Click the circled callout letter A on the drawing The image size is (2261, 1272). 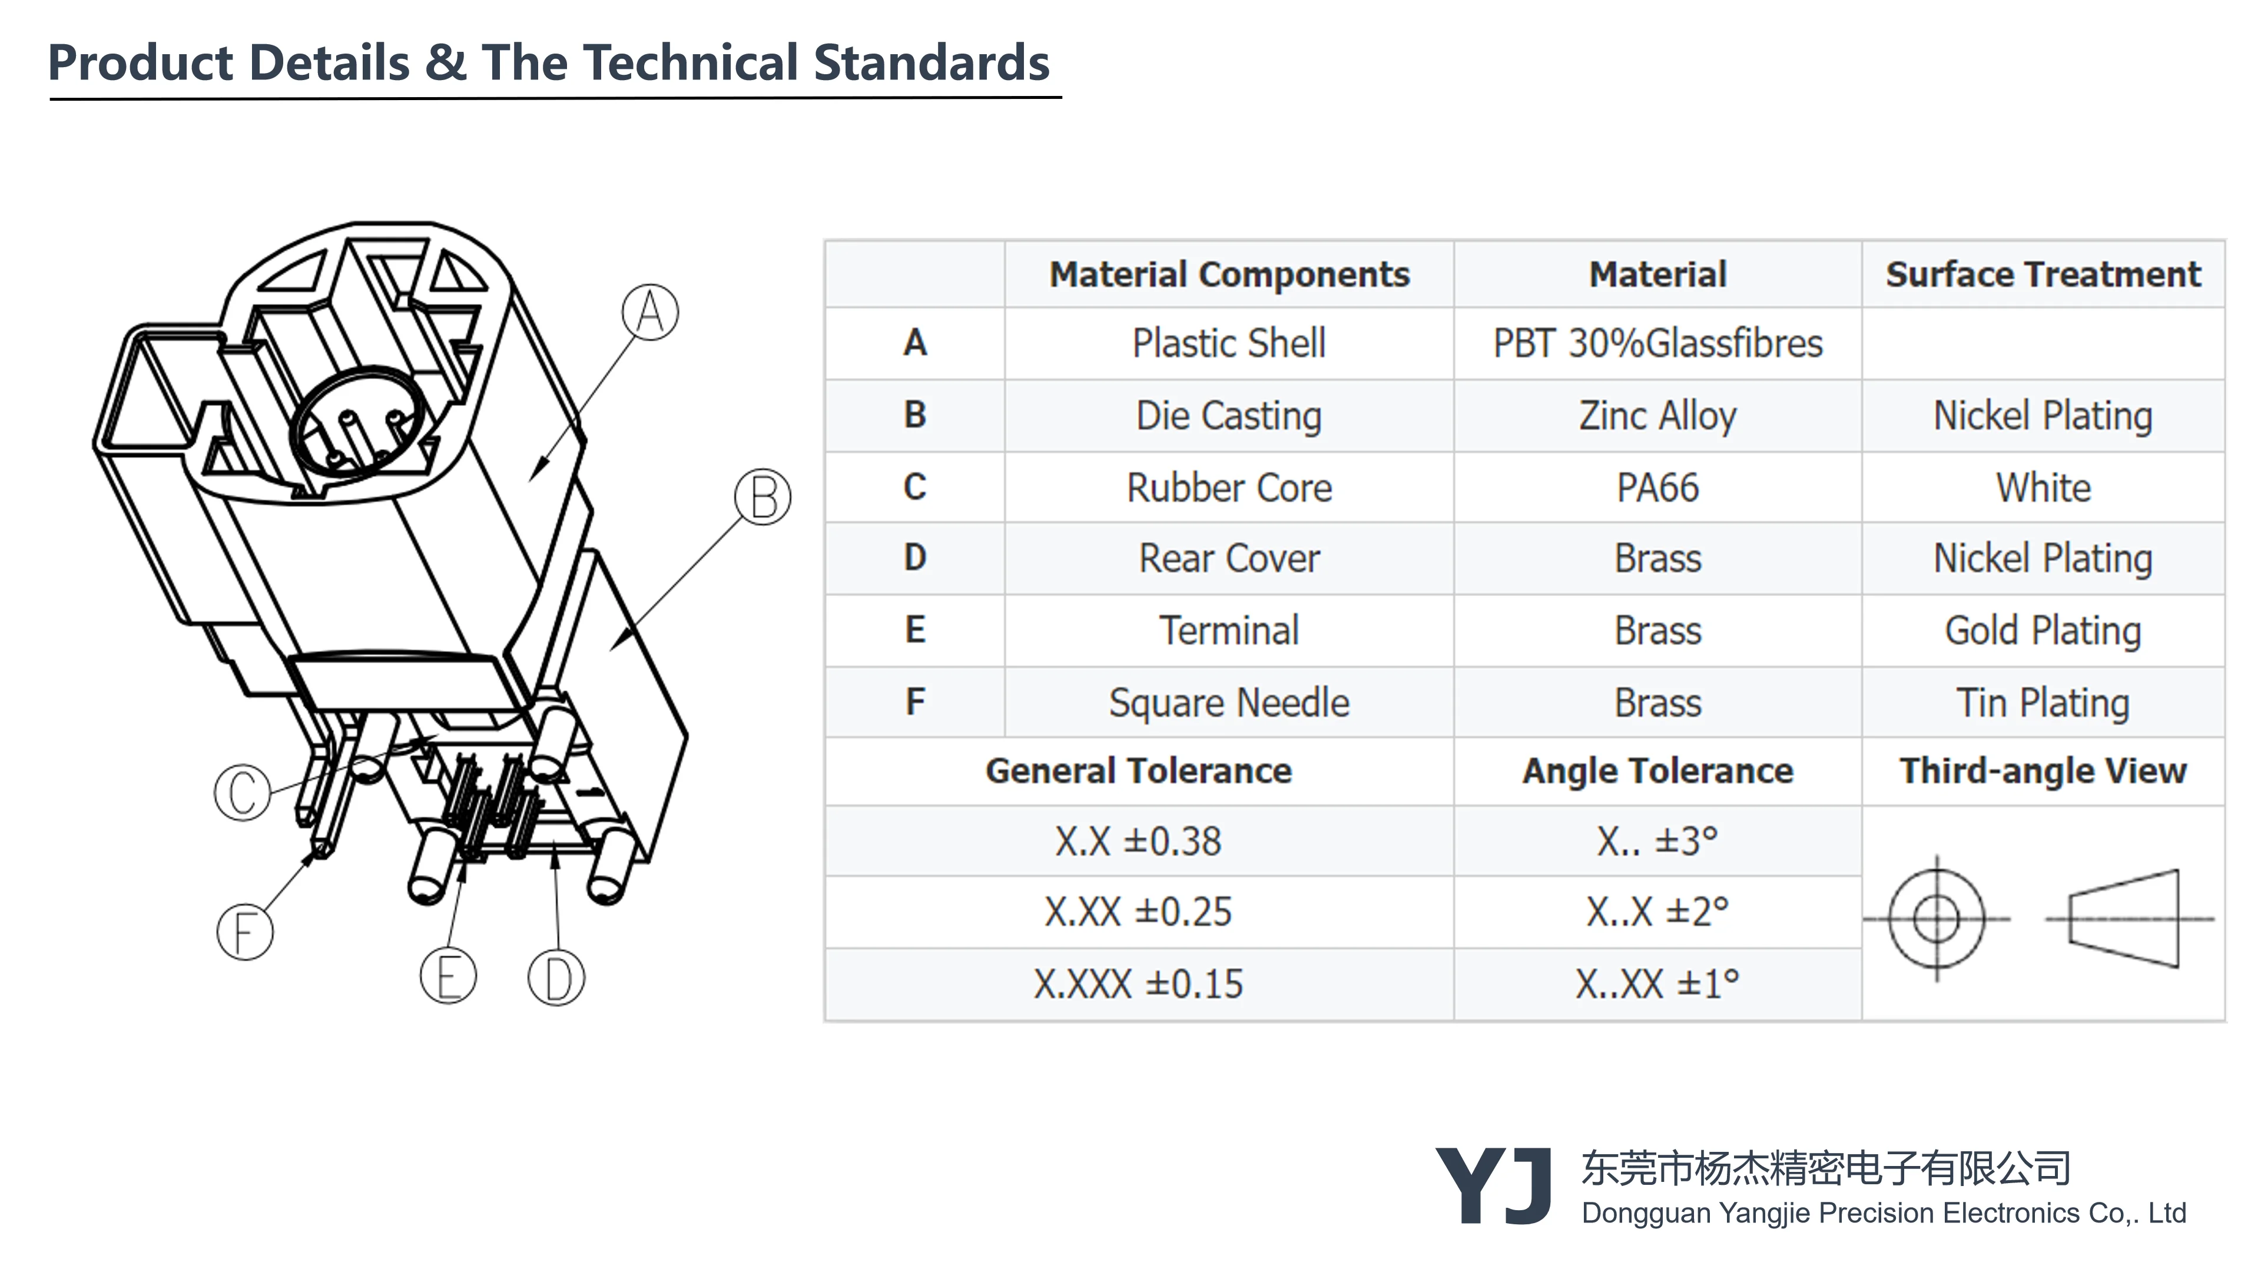coord(649,312)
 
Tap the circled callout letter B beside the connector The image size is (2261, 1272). coord(762,497)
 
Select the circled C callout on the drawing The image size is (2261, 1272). coord(242,792)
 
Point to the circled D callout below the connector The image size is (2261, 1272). coord(556,978)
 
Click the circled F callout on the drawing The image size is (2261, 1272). coord(245,932)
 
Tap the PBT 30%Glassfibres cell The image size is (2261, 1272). coord(1657,343)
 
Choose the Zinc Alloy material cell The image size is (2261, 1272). coord(1657,415)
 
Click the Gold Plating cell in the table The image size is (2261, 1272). coord(2043,630)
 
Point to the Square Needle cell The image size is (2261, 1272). coord(1229,703)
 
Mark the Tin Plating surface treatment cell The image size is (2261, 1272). coord(2043,703)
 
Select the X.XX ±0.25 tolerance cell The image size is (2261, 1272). coord(1138,912)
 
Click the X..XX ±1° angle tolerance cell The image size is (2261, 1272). coord(1657,984)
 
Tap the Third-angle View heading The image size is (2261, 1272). coord(2043,771)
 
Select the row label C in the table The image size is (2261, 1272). coord(914,487)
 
